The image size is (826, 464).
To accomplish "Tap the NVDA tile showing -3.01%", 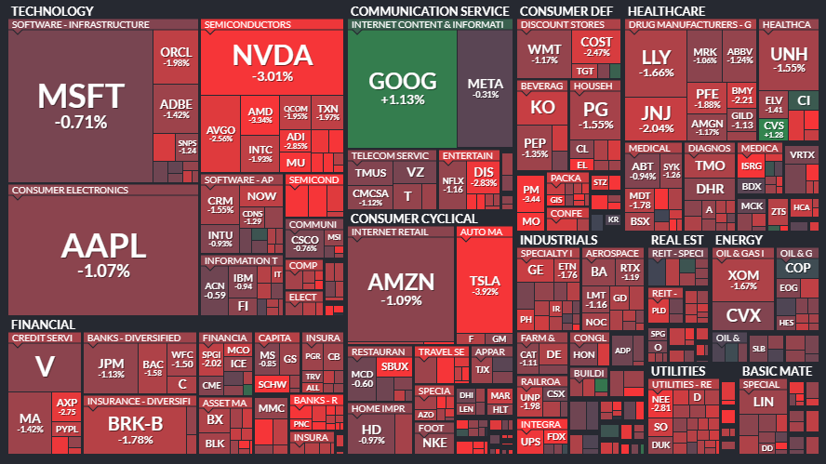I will (x=261, y=60).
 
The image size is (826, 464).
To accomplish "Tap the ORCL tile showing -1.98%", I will (x=175, y=56).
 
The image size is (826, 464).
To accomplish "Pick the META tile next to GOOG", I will (x=485, y=87).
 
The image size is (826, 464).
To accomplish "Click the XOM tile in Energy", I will (x=742, y=279).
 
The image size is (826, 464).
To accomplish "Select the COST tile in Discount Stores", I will (x=595, y=46).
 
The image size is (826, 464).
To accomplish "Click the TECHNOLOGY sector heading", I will (x=51, y=10).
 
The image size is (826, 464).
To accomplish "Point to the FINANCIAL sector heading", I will (x=42, y=325).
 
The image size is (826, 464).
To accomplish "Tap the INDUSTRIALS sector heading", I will (x=558, y=240).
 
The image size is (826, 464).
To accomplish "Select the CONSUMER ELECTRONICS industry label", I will (x=70, y=191).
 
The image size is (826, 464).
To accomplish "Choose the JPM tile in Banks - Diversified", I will (x=112, y=367).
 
